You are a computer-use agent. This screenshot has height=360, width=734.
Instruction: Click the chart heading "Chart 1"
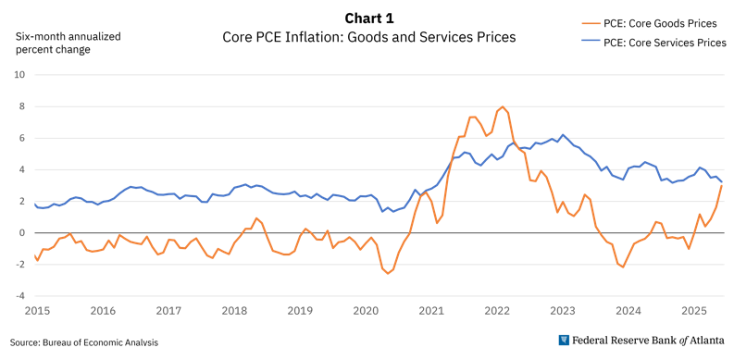pyautogui.click(x=368, y=19)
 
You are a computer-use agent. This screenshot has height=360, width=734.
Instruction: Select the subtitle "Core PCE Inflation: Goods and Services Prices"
pyautogui.click(x=368, y=38)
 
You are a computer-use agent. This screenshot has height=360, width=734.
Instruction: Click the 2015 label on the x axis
pyautogui.click(x=37, y=312)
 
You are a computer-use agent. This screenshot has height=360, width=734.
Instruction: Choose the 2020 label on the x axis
pyautogui.click(x=366, y=312)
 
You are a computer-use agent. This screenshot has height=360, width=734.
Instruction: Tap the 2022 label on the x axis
pyautogui.click(x=497, y=312)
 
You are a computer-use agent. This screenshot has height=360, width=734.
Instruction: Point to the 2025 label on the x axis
pyautogui.click(x=694, y=312)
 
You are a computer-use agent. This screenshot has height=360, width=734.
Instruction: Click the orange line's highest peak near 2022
pyautogui.click(x=502, y=107)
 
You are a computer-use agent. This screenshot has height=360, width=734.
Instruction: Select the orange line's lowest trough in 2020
pyautogui.click(x=388, y=273)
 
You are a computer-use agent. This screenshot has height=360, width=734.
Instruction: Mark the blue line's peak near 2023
pyautogui.click(x=562, y=135)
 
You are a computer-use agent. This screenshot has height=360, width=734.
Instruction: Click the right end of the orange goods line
pyautogui.click(x=721, y=186)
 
